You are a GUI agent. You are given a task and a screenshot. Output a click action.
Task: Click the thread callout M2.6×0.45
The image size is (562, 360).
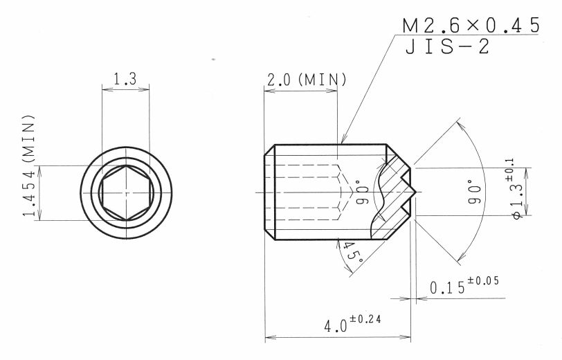click(x=471, y=25)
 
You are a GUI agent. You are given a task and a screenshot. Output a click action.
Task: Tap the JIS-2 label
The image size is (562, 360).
click(x=447, y=46)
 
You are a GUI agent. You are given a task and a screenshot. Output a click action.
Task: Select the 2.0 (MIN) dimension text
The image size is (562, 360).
click(x=307, y=80)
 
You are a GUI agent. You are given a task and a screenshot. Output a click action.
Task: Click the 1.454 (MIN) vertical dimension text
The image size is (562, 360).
click(x=28, y=165)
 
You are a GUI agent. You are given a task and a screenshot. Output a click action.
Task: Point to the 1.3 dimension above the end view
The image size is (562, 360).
click(x=125, y=79)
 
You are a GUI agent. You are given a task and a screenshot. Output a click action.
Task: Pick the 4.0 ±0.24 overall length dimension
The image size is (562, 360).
click(x=352, y=323)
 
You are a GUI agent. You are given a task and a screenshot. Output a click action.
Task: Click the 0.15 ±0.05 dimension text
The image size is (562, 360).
click(x=464, y=285)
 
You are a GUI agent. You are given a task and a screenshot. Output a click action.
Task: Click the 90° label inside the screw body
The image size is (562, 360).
click(x=362, y=192)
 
